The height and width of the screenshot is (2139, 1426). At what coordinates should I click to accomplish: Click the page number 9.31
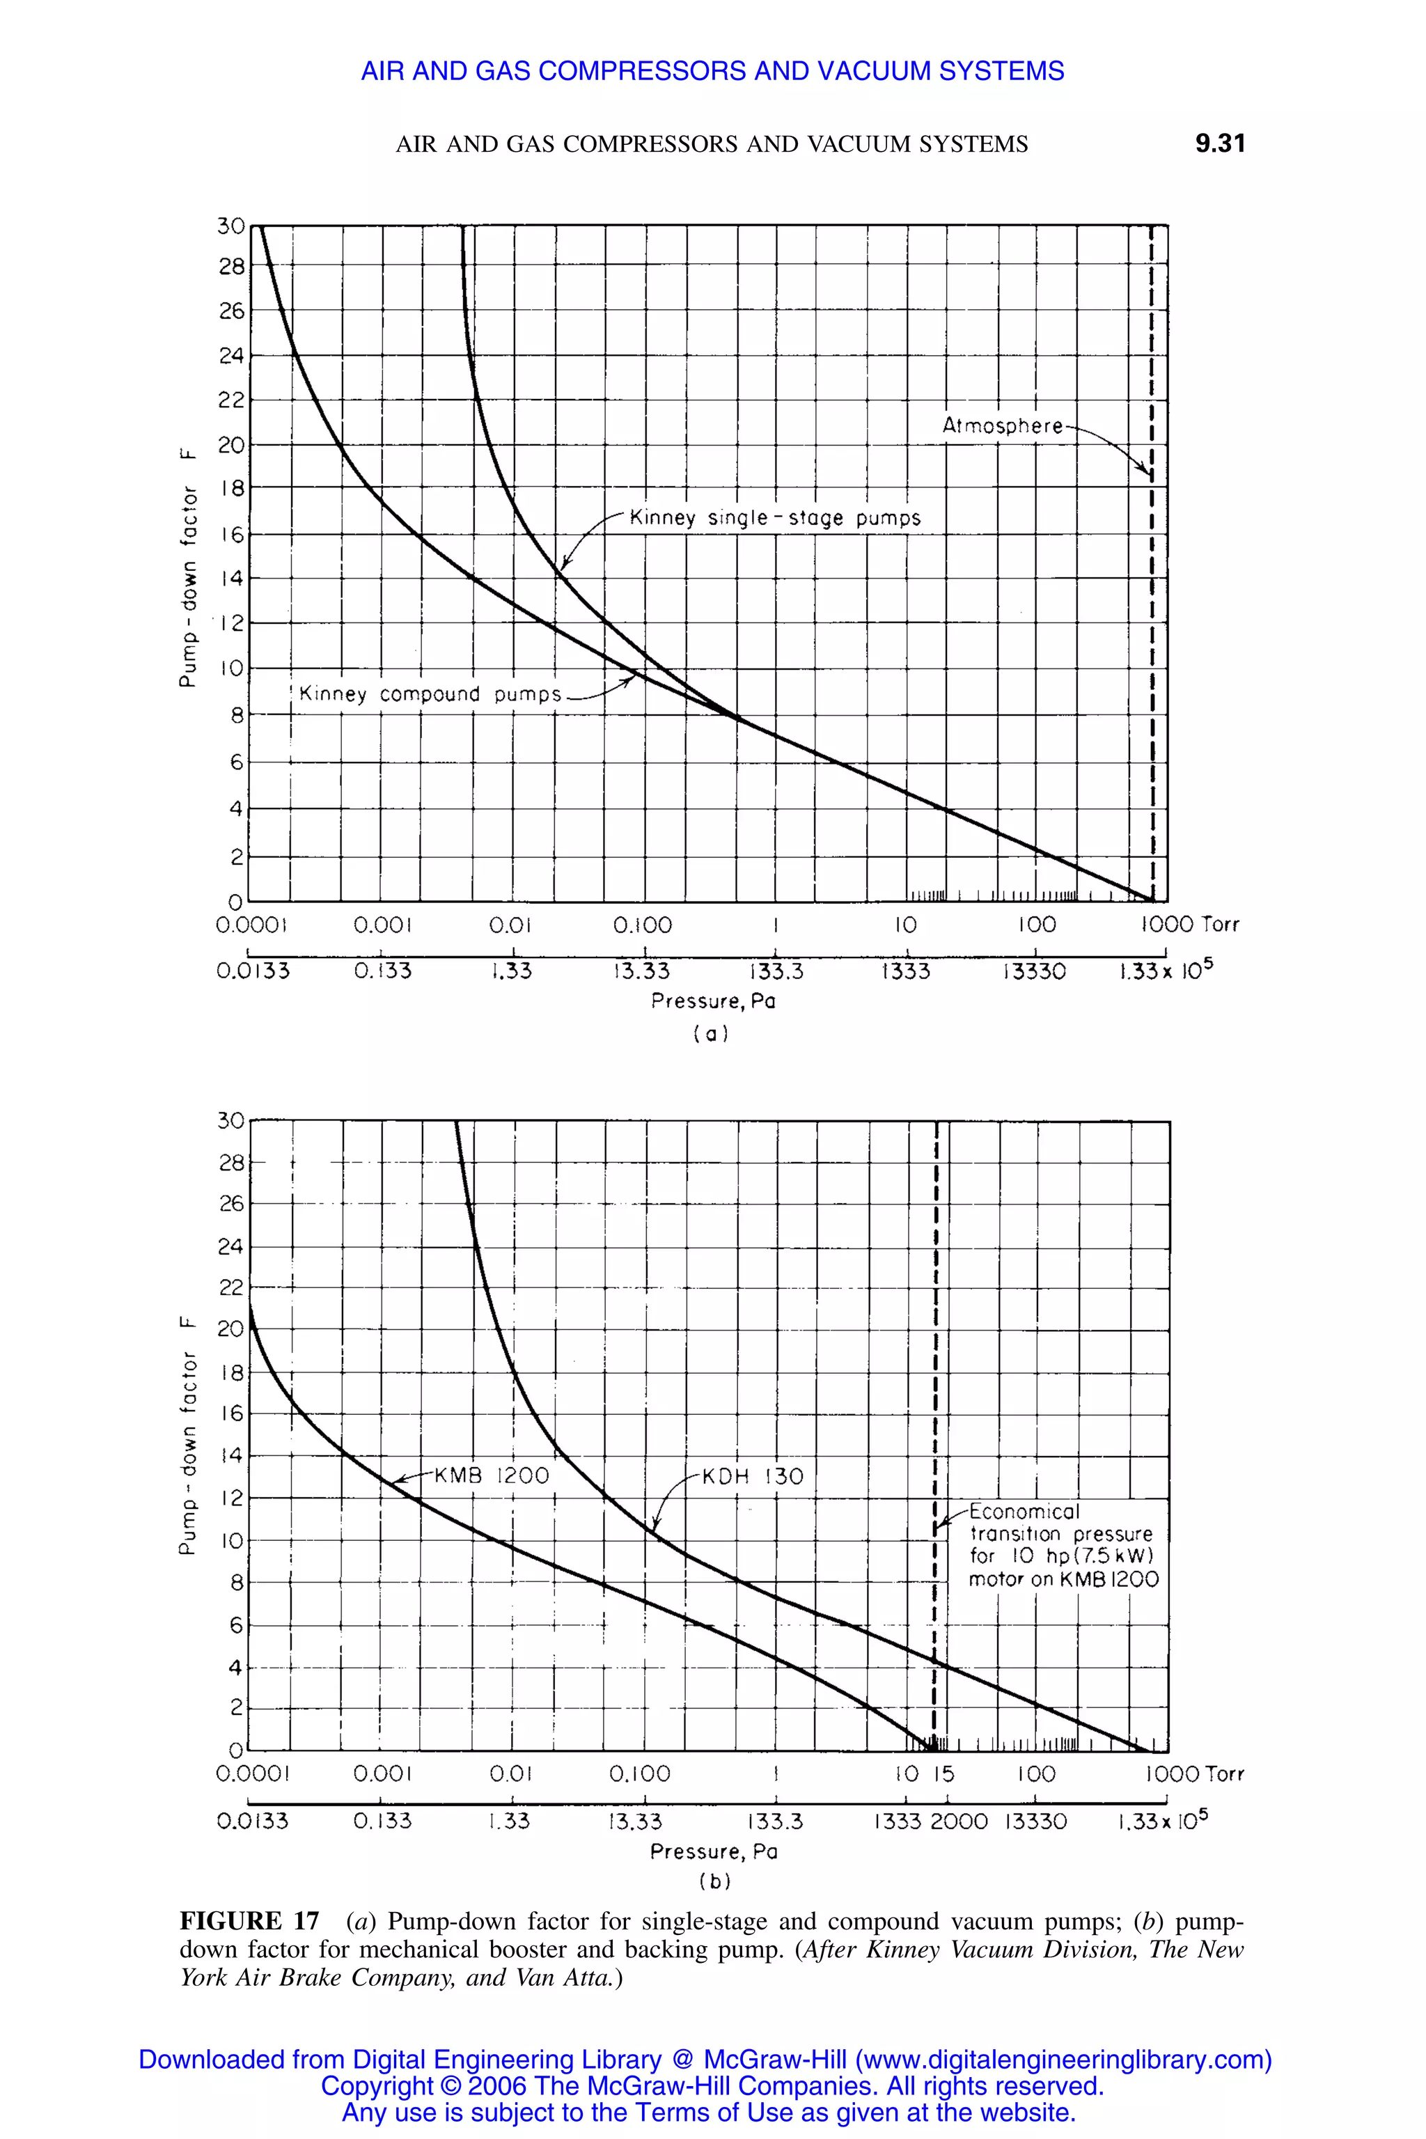pyautogui.click(x=1220, y=143)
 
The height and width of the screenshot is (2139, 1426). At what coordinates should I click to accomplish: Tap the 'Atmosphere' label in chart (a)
pyautogui.click(x=1002, y=425)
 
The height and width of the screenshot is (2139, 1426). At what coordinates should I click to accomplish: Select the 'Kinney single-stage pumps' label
pyautogui.click(x=775, y=518)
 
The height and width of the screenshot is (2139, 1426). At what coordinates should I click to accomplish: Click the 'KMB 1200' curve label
pyautogui.click(x=491, y=1475)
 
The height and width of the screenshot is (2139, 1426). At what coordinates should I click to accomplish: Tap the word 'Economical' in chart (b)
pyautogui.click(x=1024, y=1512)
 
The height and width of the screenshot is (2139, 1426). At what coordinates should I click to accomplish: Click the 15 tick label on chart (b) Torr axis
pyautogui.click(x=943, y=1773)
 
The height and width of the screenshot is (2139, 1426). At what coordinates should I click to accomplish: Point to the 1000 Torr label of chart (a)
pyautogui.click(x=1189, y=925)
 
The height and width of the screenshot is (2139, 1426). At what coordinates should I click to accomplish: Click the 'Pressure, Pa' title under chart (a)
pyautogui.click(x=713, y=1001)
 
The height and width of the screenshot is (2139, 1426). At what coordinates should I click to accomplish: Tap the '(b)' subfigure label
pyautogui.click(x=714, y=1881)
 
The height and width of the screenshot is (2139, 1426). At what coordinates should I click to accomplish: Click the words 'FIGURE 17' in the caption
pyautogui.click(x=249, y=1921)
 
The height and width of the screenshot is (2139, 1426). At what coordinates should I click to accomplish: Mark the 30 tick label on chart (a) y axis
pyautogui.click(x=231, y=226)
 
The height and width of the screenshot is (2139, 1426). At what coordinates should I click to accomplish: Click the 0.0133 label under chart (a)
pyautogui.click(x=253, y=971)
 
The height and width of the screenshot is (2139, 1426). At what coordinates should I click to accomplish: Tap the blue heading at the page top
pyautogui.click(x=712, y=71)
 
